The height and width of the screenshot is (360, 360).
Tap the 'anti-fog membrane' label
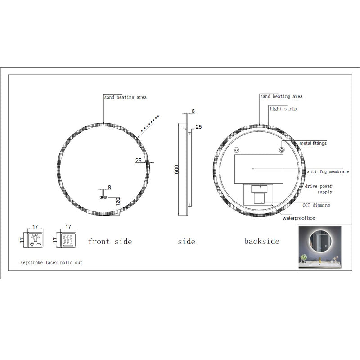328,171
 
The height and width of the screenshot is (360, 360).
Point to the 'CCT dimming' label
316,205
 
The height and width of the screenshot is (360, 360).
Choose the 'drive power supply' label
319,189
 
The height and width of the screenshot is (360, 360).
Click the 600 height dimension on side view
177,170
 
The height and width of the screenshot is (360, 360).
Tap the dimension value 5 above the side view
193,111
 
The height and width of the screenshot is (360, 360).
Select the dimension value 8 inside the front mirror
109,187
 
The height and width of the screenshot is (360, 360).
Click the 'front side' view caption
110,242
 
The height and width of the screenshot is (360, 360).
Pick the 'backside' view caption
261,241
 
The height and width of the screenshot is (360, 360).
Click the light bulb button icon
35,238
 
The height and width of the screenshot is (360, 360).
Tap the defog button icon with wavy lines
69,238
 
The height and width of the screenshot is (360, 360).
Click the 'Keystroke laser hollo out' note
51,262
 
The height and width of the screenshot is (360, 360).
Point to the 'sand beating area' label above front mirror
125,97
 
